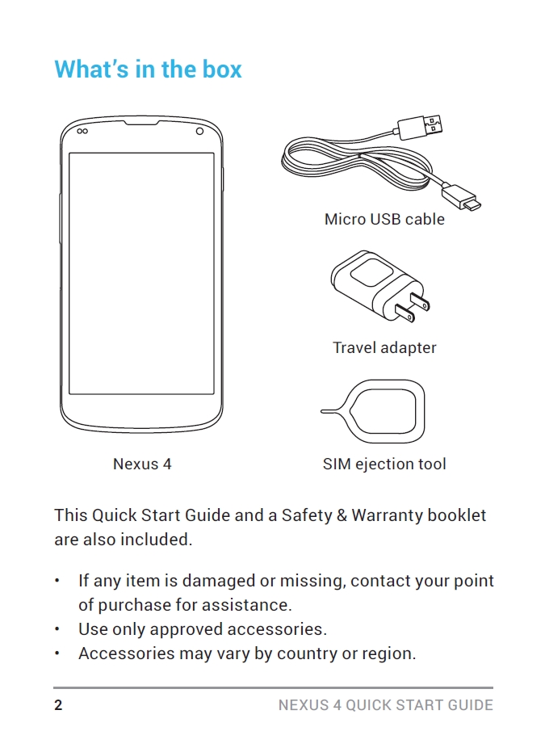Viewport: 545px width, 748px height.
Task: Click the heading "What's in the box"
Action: (148, 69)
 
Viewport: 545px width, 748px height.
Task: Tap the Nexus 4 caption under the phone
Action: (142, 464)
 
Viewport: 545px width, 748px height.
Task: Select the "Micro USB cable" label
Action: (384, 219)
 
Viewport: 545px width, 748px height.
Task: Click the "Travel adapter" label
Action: (384, 348)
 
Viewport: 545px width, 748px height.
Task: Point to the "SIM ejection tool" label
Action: (384, 464)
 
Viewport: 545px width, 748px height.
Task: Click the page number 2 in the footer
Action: (58, 705)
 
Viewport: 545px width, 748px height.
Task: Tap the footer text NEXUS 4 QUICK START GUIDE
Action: (385, 705)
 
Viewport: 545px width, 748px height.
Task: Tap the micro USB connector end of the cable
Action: (464, 199)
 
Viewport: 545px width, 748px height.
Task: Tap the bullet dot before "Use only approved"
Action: (57, 629)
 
